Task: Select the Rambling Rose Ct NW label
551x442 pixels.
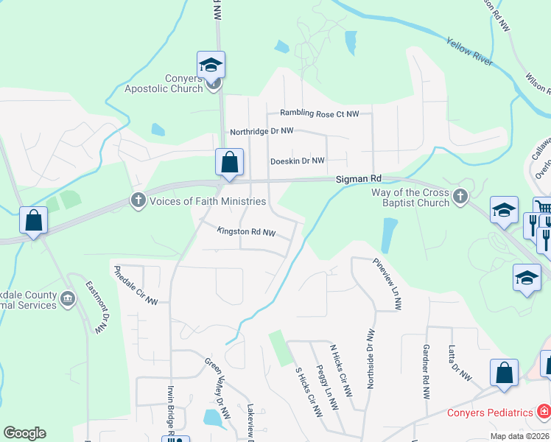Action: coord(319,113)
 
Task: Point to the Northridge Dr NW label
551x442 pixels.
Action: coord(262,131)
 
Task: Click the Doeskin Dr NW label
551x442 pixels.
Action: coord(298,161)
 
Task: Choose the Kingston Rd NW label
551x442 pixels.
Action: coord(246,232)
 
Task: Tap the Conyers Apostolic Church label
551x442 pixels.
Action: coord(164,83)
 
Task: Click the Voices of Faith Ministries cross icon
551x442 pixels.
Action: coord(138,200)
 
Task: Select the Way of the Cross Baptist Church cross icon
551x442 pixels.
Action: coord(460,196)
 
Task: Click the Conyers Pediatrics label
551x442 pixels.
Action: coord(490,413)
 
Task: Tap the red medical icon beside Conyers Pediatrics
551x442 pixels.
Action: coord(543,410)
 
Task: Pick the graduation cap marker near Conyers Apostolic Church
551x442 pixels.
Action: coord(211,65)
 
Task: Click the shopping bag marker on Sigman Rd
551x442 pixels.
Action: coord(230,162)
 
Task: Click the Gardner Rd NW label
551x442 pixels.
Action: coord(426,372)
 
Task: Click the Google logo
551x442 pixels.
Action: coord(24,433)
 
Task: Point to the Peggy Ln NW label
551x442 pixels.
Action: coord(326,387)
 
